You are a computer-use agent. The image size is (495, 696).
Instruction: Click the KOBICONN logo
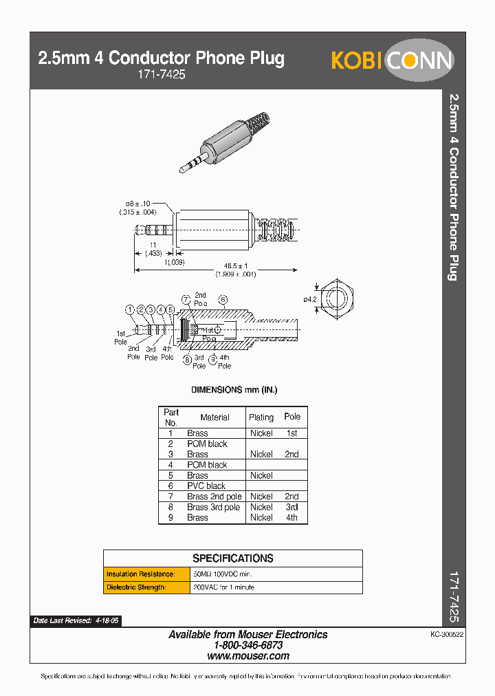392,61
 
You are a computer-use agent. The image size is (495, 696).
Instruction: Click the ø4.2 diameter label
309,299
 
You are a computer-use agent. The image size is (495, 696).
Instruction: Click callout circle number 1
129,310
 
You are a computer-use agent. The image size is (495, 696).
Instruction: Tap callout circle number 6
223,299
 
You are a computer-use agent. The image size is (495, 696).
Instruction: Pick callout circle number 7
186,299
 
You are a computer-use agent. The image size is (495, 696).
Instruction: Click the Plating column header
261,417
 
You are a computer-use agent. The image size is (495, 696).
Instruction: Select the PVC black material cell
206,486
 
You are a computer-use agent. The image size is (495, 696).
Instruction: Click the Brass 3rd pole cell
213,507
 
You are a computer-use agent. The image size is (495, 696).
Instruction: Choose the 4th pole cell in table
292,517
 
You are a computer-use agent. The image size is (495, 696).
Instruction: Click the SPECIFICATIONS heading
232,558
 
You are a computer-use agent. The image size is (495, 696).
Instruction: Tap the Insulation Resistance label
140,574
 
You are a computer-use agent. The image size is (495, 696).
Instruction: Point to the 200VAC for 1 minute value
223,587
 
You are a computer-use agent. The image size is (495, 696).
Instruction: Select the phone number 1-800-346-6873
248,645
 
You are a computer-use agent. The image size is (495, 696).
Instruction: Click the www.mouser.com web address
248,656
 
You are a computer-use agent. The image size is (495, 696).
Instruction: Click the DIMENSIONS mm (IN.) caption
234,390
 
